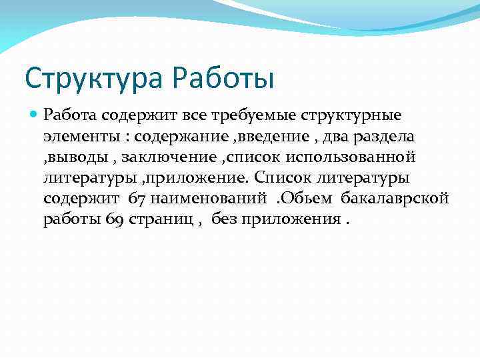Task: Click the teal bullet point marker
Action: pos(34,115)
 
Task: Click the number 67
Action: pos(137,199)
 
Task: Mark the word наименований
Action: pos(210,199)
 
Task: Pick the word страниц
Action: pos(157,221)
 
